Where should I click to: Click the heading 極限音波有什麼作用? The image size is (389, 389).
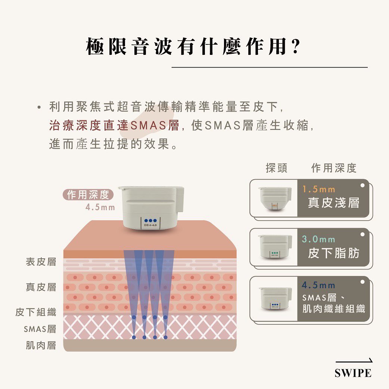[x=193, y=46]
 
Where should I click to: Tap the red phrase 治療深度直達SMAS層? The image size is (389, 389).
[x=114, y=125]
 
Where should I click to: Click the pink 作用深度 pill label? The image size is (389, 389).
[x=88, y=195]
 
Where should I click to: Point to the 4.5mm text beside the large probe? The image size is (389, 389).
[x=100, y=208]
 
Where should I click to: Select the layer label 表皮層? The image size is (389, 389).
[x=41, y=262]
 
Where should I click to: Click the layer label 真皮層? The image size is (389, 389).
[x=41, y=287]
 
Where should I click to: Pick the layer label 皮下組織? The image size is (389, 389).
[x=36, y=312]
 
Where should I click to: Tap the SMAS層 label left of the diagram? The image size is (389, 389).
[x=40, y=329]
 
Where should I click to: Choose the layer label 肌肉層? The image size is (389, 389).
[x=41, y=345]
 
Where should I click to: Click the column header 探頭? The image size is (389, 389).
[x=277, y=168]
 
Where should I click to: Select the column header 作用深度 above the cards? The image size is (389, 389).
[x=334, y=168]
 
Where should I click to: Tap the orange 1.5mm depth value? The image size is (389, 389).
[x=319, y=190]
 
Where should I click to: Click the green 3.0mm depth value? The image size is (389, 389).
[x=319, y=239]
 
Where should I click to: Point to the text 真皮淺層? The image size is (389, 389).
[x=334, y=203]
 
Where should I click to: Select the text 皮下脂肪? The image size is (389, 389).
[x=334, y=253]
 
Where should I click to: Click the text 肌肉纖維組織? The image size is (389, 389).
[x=334, y=309]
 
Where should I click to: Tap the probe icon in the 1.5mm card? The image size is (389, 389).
[x=275, y=199]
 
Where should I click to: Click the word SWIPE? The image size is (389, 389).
[x=353, y=373]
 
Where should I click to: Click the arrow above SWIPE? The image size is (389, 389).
[x=354, y=361]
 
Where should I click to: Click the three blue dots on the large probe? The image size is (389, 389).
[x=150, y=221]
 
